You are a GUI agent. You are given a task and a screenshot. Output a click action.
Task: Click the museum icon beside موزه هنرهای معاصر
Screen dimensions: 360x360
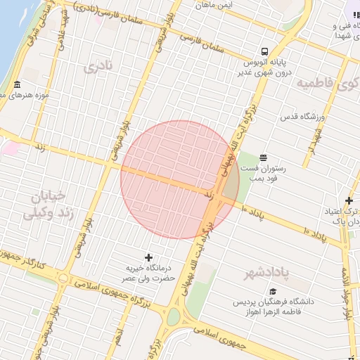16,86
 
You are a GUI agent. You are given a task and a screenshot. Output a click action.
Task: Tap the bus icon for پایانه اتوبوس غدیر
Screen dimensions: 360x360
264,51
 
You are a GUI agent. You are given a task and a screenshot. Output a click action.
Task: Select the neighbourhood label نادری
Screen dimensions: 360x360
97,67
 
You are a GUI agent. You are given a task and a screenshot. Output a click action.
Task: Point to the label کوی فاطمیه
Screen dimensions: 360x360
327,84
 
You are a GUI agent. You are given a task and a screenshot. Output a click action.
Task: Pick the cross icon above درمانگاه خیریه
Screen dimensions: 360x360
148,257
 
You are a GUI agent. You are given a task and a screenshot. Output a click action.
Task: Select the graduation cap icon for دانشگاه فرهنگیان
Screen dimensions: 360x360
272,291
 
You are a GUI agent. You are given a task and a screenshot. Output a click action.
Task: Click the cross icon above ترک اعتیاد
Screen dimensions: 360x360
349,201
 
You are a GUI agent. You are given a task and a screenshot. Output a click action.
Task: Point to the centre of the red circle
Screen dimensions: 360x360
180,180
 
